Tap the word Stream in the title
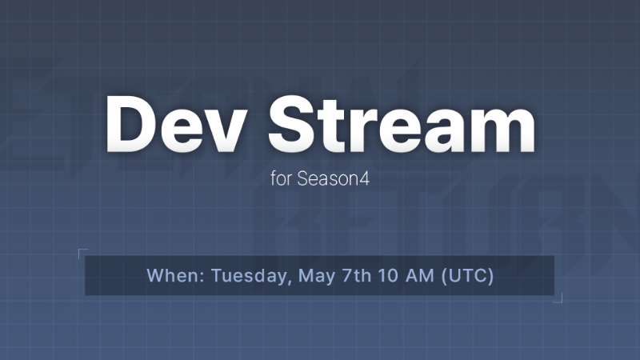(x=402, y=126)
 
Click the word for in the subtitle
(x=282, y=179)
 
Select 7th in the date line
(x=358, y=276)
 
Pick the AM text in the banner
(x=423, y=276)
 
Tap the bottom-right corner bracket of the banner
(x=559, y=299)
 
